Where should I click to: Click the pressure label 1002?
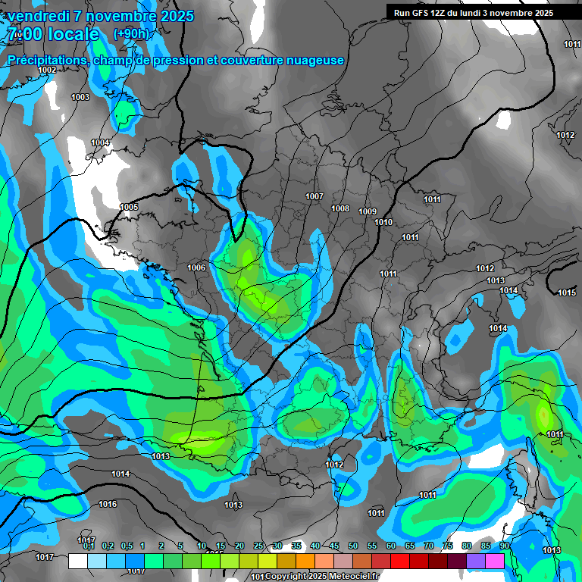47,70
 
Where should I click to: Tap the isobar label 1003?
80,97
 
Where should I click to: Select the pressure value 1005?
129,207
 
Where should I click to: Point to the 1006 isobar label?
197,268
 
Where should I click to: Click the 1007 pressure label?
314,196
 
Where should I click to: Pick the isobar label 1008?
340,208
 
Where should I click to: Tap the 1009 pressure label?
368,211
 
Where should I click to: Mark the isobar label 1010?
383,222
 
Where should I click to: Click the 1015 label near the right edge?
567,293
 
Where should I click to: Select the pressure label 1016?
108,504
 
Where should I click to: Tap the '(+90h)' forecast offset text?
131,34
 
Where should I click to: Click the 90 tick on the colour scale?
504,546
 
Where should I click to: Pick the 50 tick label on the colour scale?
353,546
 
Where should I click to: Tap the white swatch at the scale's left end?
77,561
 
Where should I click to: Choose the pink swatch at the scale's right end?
495,561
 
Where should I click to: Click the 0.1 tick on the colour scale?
89,546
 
